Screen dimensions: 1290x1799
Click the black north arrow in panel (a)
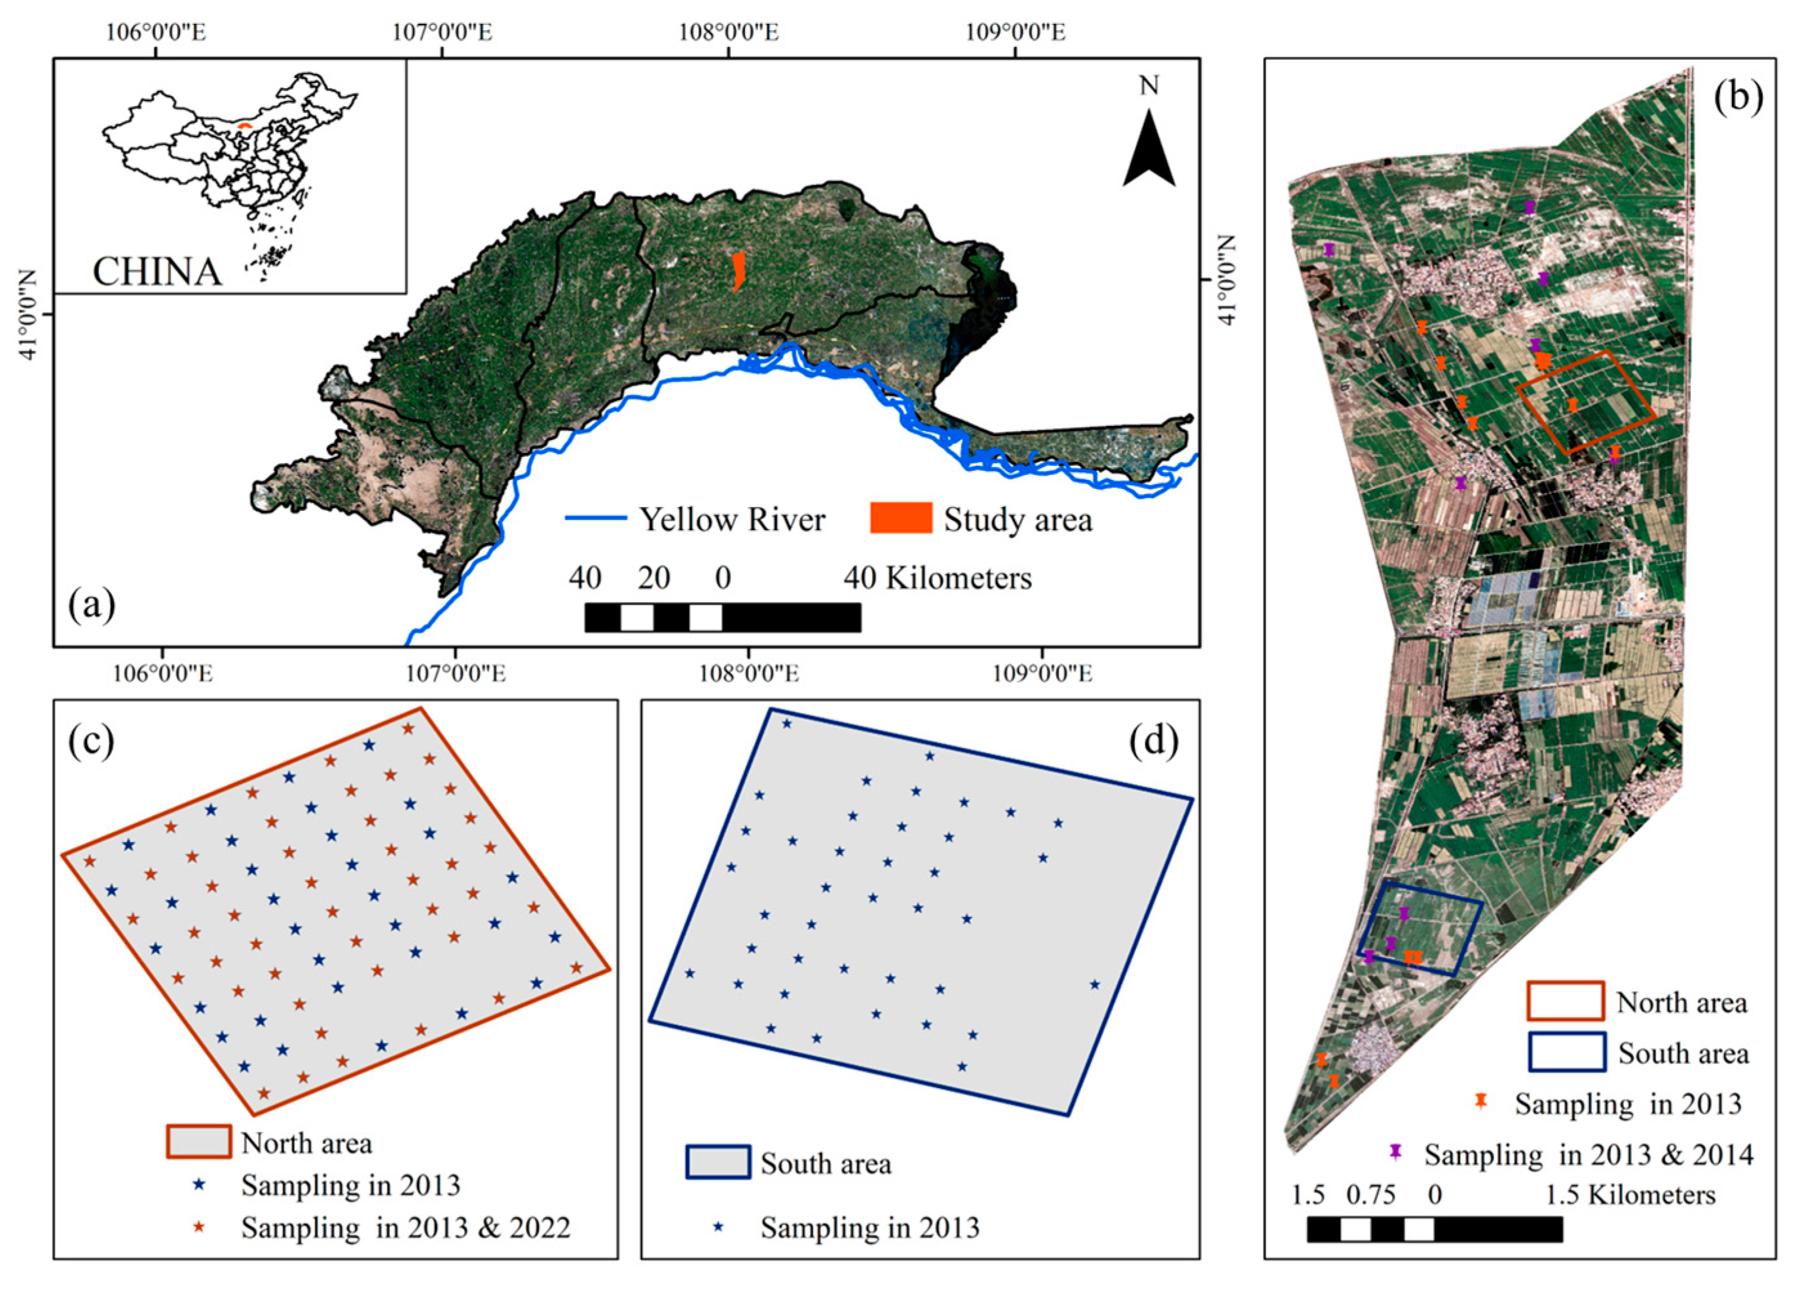pyautogui.click(x=1149, y=151)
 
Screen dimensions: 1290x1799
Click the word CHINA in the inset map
pyautogui.click(x=157, y=272)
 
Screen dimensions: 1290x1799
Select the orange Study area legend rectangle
pyautogui.click(x=900, y=518)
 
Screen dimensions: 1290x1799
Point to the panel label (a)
pyautogui.click(x=92, y=605)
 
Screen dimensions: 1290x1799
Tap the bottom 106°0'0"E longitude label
pyautogui.click(x=163, y=674)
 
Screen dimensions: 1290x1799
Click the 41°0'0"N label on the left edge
pyautogui.click(x=28, y=315)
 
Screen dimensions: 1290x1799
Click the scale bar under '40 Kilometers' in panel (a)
pyautogui.click(x=722, y=617)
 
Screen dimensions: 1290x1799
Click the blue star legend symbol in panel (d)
pyautogui.click(x=719, y=1226)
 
